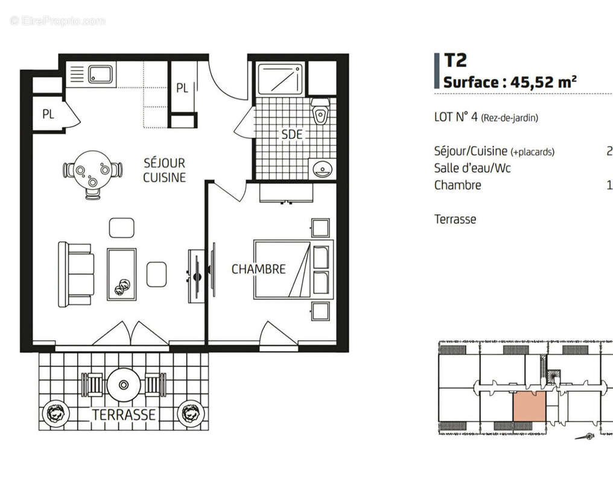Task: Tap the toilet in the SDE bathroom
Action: pyautogui.click(x=320, y=112)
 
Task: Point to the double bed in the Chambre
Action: pyautogui.click(x=293, y=269)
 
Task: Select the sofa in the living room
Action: pyautogui.click(x=76, y=273)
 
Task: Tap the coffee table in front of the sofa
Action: pyautogui.click(x=121, y=273)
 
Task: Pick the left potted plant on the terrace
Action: pyautogui.click(x=55, y=414)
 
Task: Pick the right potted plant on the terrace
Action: pyautogui.click(x=192, y=414)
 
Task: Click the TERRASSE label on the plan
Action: pyautogui.click(x=124, y=415)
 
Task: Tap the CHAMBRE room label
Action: pyautogui.click(x=258, y=269)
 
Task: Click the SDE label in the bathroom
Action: pyautogui.click(x=292, y=134)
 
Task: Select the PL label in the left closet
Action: pyautogui.click(x=48, y=114)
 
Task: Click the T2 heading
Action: pyautogui.click(x=456, y=60)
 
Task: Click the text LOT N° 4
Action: pyautogui.click(x=456, y=118)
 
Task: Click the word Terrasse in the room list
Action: pyautogui.click(x=455, y=219)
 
